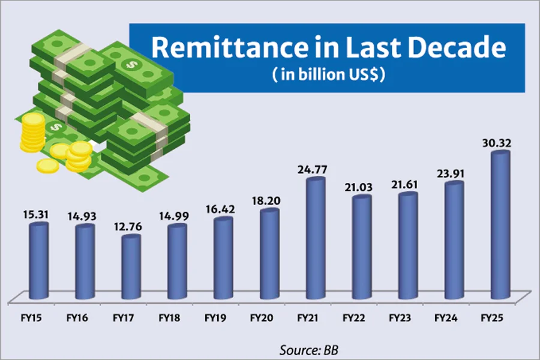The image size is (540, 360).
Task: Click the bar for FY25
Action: pyautogui.click(x=500, y=225)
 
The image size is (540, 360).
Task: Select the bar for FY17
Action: pyautogui.click(x=130, y=267)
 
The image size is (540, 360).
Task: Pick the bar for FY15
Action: pyautogui.click(x=38, y=261)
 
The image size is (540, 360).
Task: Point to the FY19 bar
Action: pyautogui.click(x=223, y=258)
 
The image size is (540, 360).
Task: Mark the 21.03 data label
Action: pyautogui.click(x=361, y=187)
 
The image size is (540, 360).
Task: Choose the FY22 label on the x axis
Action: pyautogui.click(x=355, y=316)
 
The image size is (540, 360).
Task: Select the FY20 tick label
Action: pyautogui.click(x=264, y=316)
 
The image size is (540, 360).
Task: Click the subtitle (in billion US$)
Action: pyautogui.click(x=327, y=76)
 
